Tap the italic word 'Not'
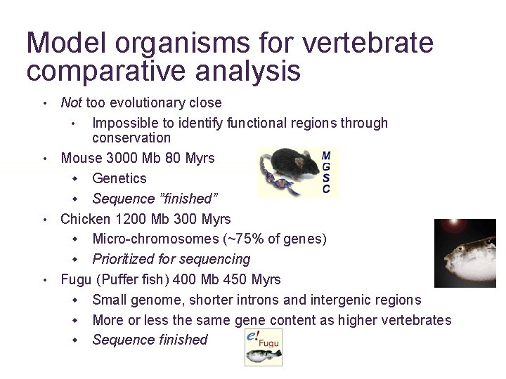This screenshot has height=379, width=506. coord(72,103)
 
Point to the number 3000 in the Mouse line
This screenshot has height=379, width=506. coord(119,159)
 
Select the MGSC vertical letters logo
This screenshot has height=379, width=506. coord(327,172)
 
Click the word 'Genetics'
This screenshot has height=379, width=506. coord(119,179)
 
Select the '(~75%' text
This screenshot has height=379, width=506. coord(239,239)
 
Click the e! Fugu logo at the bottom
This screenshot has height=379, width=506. coord(264,347)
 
